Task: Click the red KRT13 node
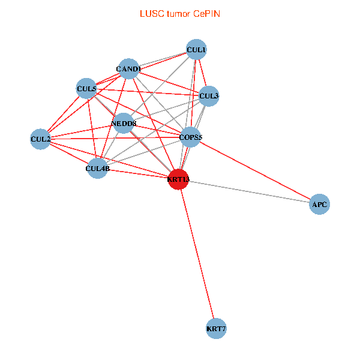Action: pyautogui.click(x=178, y=179)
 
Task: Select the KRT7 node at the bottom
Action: pyautogui.click(x=216, y=329)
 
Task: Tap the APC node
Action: pyautogui.click(x=319, y=205)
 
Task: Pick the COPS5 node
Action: pyautogui.click(x=191, y=137)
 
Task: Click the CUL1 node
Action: pyautogui.click(x=196, y=49)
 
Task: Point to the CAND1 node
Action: pyautogui.click(x=128, y=69)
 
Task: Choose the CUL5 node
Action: pyautogui.click(x=86, y=89)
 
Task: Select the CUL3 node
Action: pyautogui.click(x=209, y=95)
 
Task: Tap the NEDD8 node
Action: pyautogui.click(x=124, y=124)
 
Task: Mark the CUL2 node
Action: pyautogui.click(x=40, y=139)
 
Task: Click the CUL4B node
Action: pyautogui.click(x=97, y=169)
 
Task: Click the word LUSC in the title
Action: pyautogui.click(x=150, y=13)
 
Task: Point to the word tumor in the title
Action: pyautogui.click(x=178, y=13)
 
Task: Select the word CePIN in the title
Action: pyautogui.click(x=206, y=13)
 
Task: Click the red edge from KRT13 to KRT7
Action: pyautogui.click(x=197, y=255)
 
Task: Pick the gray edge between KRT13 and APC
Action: pyautogui.click(x=249, y=192)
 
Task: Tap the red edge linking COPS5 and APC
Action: pyautogui.click(x=255, y=171)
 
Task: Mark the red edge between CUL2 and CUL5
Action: pyautogui.click(x=63, y=115)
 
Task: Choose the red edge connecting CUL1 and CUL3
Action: pyautogui.click(x=203, y=72)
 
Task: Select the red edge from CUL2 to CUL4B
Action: pyautogui.click(x=68, y=154)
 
